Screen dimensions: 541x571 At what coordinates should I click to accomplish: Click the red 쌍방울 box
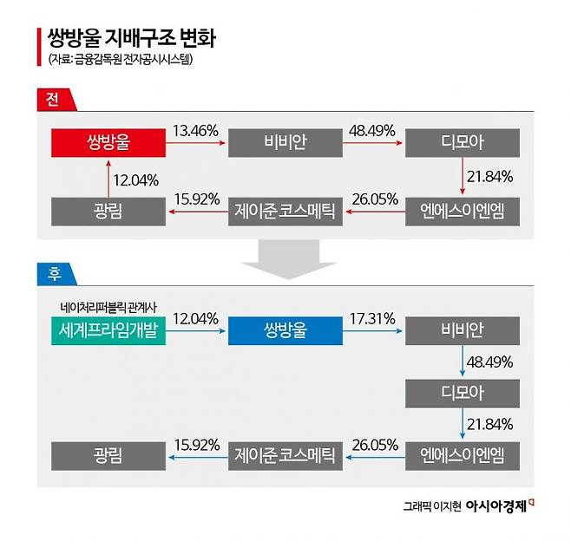(x=108, y=143)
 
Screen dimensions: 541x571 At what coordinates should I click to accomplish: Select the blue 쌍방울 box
(x=285, y=330)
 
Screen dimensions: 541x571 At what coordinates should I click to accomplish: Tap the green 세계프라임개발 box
(x=108, y=330)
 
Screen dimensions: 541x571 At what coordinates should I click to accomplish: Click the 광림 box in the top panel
(x=108, y=211)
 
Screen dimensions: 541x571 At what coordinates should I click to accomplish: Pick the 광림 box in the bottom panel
(x=108, y=454)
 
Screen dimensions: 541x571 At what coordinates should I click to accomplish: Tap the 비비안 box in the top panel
(x=285, y=143)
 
